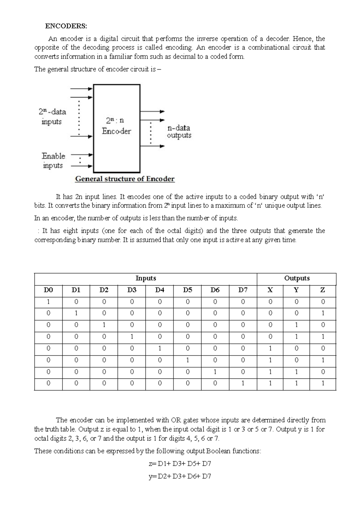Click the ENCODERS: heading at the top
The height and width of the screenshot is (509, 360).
66,26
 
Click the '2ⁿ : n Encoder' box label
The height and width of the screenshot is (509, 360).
116,126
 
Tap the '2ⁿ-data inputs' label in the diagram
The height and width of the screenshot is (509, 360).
52,117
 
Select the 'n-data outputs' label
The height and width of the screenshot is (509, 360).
179,131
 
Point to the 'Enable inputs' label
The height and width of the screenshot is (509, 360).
53,161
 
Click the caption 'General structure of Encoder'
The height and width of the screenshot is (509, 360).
124,179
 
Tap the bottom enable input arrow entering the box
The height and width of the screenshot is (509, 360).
82,165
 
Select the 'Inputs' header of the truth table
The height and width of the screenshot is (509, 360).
145,279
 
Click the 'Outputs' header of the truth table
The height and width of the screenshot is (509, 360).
296,279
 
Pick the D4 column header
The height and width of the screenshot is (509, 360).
160,290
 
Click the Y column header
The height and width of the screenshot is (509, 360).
296,290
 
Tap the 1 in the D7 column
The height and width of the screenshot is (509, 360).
243,384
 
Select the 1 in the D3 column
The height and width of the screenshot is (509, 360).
131,337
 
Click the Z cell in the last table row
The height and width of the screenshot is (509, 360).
323,384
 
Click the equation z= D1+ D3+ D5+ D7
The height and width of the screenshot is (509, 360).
180,464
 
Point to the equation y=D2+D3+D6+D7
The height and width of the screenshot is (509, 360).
180,476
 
